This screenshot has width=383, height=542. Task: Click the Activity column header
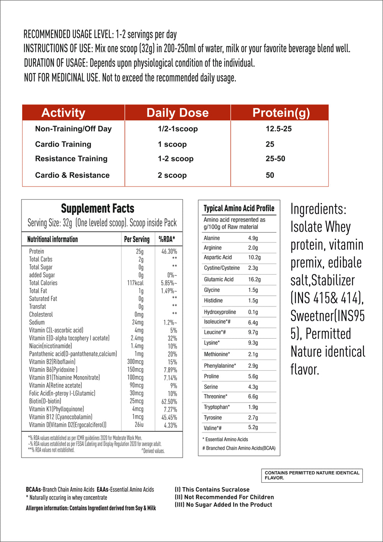click(x=63, y=113)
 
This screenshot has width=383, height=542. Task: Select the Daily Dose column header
click(x=177, y=113)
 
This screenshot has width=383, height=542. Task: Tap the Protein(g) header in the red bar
click(x=281, y=113)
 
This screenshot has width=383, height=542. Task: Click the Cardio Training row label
click(x=63, y=144)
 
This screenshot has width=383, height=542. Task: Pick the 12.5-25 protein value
click(x=278, y=129)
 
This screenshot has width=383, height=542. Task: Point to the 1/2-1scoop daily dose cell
click(x=178, y=129)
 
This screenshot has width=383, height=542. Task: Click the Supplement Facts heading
click(x=98, y=209)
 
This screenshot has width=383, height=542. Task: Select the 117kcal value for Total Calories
click(x=135, y=283)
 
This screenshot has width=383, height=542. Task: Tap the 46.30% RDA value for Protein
click(x=169, y=252)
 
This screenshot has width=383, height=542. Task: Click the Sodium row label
click(x=37, y=323)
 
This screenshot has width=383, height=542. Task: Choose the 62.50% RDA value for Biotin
click(x=169, y=402)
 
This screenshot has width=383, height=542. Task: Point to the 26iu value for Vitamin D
click(x=139, y=425)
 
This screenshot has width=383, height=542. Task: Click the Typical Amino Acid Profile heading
click(x=239, y=208)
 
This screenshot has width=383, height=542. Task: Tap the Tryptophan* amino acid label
click(x=217, y=407)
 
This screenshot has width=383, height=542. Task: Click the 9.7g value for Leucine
click(x=253, y=332)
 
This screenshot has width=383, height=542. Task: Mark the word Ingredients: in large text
click(x=318, y=209)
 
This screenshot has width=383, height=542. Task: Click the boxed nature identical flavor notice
click(x=312, y=475)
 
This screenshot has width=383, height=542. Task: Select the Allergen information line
click(x=91, y=508)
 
